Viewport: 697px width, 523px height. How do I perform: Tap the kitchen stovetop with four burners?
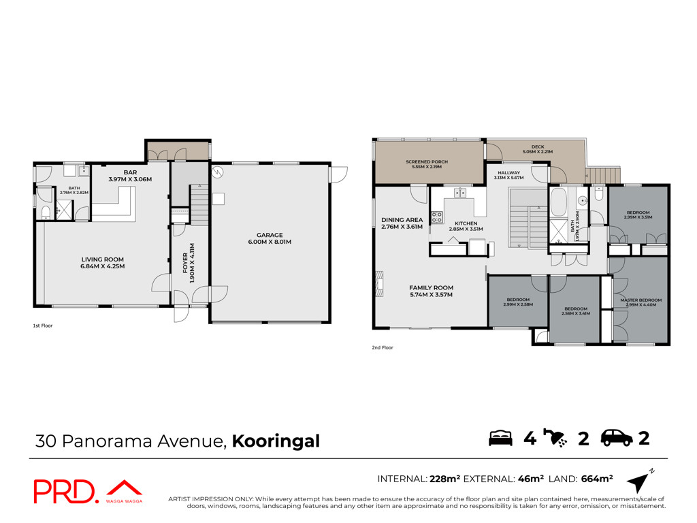pyautogui.click(x=436, y=217)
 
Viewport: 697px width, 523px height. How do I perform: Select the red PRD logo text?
pyautogui.click(x=65, y=492)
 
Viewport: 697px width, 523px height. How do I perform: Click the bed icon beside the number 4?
pyautogui.click(x=500, y=438)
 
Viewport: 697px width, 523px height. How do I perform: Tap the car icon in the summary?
pyautogui.click(x=617, y=438)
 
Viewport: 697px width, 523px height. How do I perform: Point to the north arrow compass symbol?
pyautogui.click(x=640, y=481)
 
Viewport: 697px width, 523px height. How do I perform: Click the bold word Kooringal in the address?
pyautogui.click(x=276, y=441)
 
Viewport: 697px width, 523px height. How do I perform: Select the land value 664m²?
pyautogui.click(x=596, y=479)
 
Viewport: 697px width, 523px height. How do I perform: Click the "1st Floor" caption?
pyautogui.click(x=43, y=326)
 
